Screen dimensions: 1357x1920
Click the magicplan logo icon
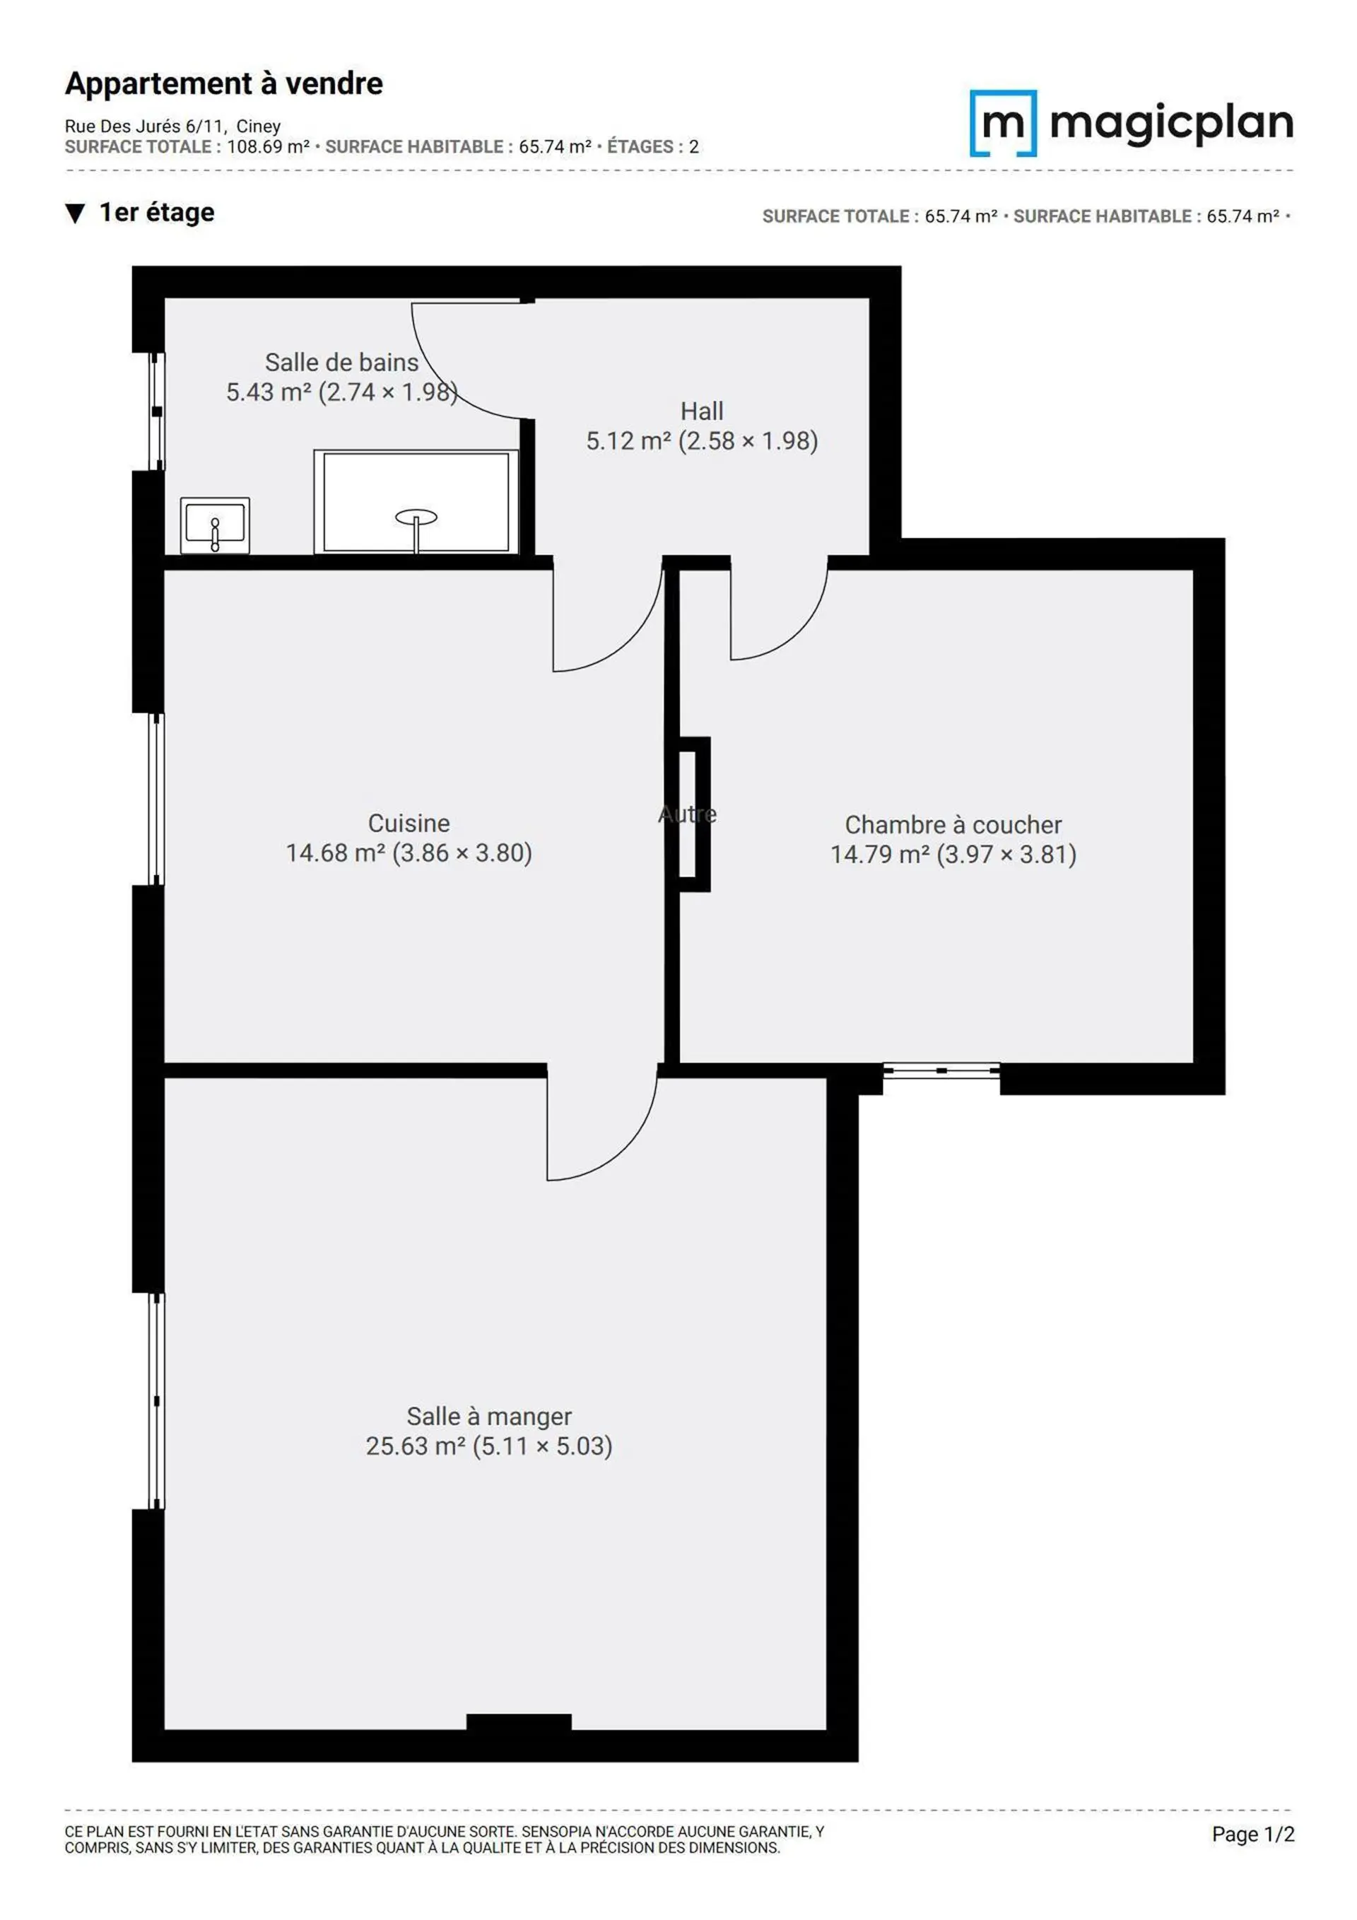(x=1002, y=123)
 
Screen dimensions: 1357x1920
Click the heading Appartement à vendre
(x=224, y=83)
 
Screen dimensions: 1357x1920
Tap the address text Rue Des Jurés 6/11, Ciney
(x=173, y=127)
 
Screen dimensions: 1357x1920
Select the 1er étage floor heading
(x=156, y=212)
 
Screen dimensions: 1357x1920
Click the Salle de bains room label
(x=341, y=362)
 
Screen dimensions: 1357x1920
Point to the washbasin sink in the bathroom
(x=215, y=525)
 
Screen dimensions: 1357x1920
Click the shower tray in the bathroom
(x=416, y=502)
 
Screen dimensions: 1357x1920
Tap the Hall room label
(x=702, y=411)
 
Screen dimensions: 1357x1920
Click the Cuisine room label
(x=409, y=823)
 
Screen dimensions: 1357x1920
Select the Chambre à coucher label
(x=953, y=824)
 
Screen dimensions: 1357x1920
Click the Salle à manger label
(x=489, y=1416)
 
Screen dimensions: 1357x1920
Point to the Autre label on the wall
(x=687, y=814)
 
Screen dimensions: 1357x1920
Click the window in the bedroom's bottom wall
(x=941, y=1070)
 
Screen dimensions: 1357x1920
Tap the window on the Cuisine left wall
(x=156, y=800)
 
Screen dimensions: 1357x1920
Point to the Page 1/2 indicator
(x=1252, y=1834)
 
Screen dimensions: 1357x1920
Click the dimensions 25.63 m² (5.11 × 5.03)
(x=489, y=1446)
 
